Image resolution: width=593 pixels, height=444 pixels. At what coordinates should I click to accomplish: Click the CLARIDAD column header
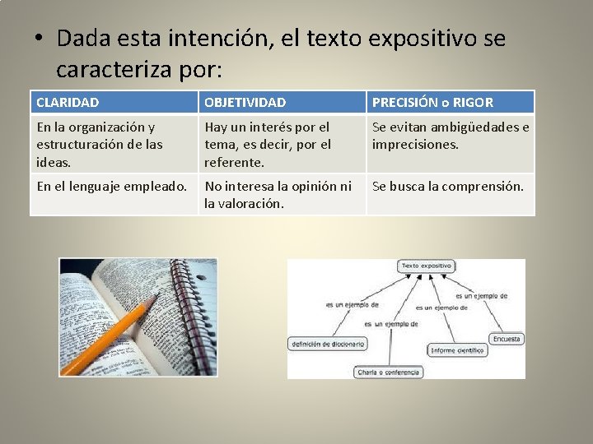click(x=68, y=103)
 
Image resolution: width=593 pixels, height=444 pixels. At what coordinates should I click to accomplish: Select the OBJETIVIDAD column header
click(x=245, y=103)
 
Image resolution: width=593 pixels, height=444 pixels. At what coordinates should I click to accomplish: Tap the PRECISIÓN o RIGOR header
click(x=433, y=103)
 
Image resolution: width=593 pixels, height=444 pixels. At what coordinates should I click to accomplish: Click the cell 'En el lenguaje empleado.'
click(x=112, y=187)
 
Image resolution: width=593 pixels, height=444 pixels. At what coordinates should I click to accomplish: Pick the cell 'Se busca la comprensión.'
click(x=448, y=187)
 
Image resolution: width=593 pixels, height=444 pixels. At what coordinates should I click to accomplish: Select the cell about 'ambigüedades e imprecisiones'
click(x=451, y=136)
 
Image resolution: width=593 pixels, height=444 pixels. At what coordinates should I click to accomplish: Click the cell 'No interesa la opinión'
click(x=278, y=194)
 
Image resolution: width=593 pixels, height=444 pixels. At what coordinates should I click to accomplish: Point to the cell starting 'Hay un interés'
click(x=268, y=144)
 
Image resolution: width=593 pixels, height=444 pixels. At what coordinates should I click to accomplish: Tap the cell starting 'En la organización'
click(x=100, y=144)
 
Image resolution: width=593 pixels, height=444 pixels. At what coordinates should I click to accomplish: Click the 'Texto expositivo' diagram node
click(x=425, y=266)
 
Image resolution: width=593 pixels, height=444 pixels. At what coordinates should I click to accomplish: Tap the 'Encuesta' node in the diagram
click(x=507, y=339)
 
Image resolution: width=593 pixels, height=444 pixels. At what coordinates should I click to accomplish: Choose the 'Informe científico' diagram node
click(x=458, y=350)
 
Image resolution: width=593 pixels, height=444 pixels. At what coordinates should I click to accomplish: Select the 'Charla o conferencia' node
click(x=389, y=372)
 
